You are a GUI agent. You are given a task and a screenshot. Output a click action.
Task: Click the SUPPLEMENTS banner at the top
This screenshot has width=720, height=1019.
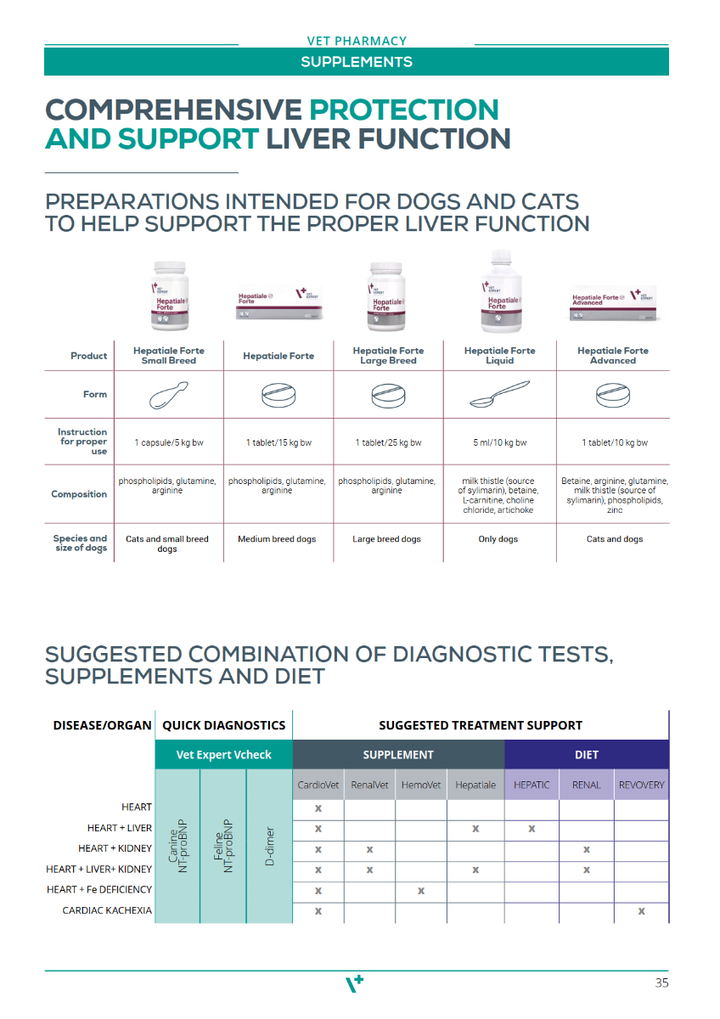click(357, 62)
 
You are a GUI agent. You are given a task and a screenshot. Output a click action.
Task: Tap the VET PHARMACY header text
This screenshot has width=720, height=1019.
click(357, 41)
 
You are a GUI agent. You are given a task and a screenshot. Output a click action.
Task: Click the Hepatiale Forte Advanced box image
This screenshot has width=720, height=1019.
click(612, 307)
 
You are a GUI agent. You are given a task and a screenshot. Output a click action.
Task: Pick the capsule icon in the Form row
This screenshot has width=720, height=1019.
click(168, 395)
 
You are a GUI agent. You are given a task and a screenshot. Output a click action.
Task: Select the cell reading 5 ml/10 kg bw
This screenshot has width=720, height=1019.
click(500, 443)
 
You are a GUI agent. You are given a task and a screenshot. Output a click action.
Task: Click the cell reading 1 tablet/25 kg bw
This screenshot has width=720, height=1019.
click(388, 443)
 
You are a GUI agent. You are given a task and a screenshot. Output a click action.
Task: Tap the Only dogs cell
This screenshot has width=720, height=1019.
click(498, 539)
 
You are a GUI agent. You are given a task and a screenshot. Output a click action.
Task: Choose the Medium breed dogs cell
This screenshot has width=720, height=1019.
click(277, 539)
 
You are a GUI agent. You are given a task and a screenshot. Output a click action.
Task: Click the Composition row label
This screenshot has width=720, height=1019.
click(79, 494)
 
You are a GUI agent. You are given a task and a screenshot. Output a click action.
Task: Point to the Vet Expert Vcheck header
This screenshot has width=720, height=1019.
click(224, 755)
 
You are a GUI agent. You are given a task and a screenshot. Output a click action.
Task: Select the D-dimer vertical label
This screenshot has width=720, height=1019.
click(269, 846)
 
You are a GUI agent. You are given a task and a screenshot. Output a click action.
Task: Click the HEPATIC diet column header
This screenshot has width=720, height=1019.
click(532, 785)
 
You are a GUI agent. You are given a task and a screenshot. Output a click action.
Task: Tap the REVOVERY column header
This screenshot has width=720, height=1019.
click(641, 785)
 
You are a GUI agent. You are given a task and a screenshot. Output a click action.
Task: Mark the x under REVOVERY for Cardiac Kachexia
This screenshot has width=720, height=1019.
click(641, 911)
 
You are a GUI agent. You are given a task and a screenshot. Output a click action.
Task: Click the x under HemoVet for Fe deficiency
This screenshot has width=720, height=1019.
click(421, 891)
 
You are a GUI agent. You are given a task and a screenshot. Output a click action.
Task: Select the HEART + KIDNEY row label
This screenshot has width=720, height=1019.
click(115, 848)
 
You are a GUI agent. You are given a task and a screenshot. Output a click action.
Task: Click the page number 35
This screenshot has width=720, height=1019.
click(661, 983)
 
